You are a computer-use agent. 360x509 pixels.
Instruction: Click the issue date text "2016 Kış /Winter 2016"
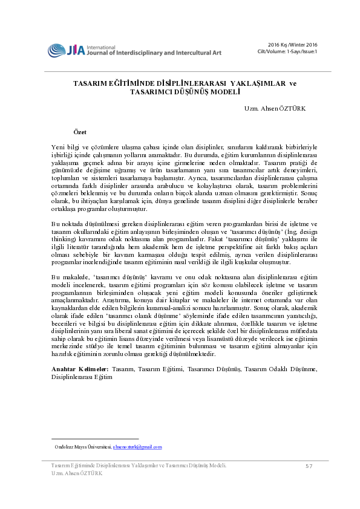click(293, 45)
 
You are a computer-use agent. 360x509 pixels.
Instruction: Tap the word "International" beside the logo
click(101, 47)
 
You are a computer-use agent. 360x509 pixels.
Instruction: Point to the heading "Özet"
click(80, 131)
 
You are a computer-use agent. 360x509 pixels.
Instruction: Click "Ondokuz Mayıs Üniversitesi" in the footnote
click(86, 447)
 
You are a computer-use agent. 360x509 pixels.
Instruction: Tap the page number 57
click(309, 466)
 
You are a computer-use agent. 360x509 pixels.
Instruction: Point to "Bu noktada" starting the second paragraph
click(67, 224)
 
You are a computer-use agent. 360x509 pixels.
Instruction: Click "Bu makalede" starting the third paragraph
click(68, 276)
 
